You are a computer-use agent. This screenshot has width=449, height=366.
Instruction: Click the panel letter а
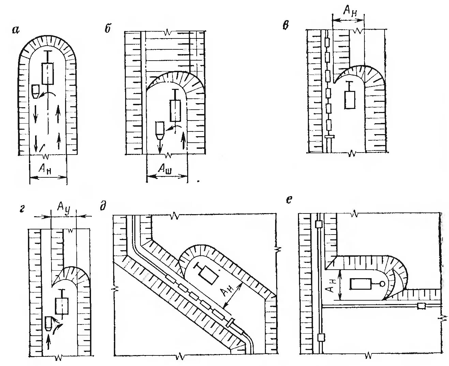[15, 30]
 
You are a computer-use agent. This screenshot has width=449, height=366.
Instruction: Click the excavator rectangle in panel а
[48, 73]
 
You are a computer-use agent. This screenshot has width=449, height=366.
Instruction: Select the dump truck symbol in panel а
[35, 91]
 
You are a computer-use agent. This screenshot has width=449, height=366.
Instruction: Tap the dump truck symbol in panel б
[160, 129]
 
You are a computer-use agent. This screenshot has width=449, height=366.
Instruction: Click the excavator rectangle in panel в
[350, 99]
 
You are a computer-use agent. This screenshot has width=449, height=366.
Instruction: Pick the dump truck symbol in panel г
[49, 324]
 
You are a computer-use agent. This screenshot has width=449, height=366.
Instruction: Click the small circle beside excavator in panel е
[383, 283]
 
